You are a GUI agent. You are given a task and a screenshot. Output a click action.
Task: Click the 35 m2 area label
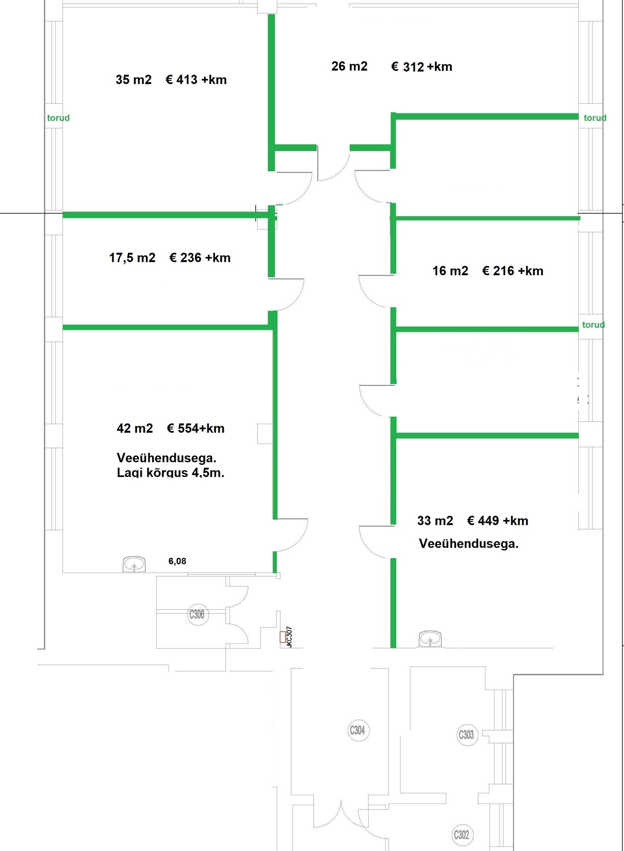(133, 80)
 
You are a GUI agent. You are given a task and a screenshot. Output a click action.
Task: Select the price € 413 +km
(196, 80)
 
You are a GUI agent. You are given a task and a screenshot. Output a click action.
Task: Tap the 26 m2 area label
(349, 66)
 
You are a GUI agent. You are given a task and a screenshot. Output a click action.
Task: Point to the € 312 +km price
(422, 67)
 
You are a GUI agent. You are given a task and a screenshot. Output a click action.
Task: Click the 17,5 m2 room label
(132, 258)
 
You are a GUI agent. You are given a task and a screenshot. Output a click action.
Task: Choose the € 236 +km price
(200, 258)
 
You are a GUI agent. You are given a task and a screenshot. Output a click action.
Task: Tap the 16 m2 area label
(450, 271)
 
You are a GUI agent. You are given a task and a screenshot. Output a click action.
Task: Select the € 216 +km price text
(513, 271)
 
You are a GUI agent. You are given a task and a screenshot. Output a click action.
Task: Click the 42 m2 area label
(135, 428)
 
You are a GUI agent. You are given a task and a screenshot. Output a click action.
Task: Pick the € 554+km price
(196, 428)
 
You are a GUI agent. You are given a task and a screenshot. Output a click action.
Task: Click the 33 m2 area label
(435, 521)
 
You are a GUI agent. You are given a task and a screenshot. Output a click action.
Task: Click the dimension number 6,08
(177, 561)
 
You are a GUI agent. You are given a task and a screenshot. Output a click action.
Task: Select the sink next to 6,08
(134, 565)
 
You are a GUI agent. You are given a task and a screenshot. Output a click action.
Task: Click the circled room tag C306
(197, 615)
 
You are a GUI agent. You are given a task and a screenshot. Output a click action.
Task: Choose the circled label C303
(466, 735)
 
